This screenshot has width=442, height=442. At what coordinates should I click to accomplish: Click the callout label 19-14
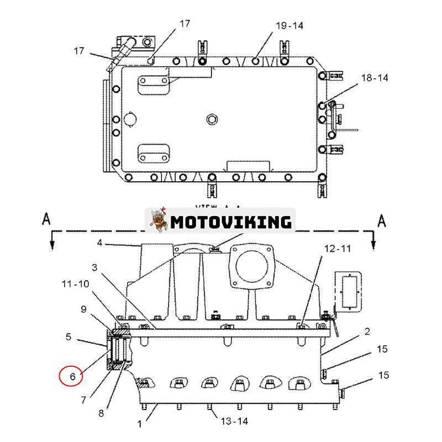point(290,25)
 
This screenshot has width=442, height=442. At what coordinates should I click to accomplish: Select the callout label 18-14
point(375,78)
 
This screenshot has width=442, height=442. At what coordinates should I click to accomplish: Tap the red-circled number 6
point(72,376)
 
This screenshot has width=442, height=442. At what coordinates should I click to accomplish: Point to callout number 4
point(101,242)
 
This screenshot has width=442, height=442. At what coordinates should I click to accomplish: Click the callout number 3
point(94,268)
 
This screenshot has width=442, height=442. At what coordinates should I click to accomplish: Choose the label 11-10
point(75,284)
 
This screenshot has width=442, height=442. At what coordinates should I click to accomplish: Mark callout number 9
point(83,309)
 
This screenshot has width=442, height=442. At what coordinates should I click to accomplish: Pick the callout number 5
point(69,336)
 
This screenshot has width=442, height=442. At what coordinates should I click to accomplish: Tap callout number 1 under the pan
point(140,424)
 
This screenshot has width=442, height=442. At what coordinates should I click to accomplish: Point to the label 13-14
point(234,422)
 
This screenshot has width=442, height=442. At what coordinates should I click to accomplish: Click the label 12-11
point(337,249)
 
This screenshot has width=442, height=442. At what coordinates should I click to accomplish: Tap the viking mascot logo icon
point(159,221)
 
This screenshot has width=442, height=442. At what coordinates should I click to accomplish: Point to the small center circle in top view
point(212,118)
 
